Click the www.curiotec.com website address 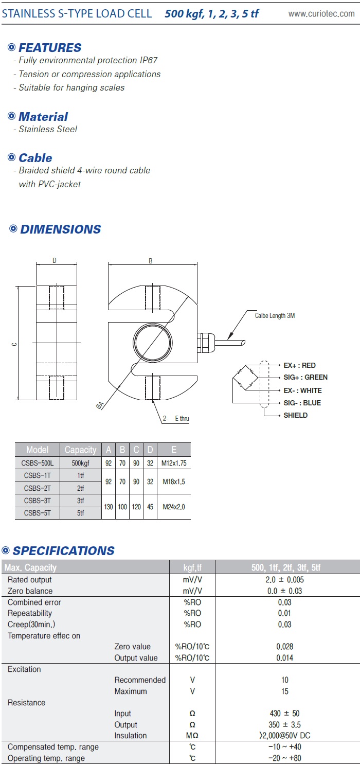coord(321,14)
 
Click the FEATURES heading coord(49,48)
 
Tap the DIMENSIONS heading coord(60,229)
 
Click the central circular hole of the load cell coord(152,343)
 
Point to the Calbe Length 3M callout coord(275,315)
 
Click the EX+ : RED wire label coord(299,365)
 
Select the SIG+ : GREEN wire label coord(305,377)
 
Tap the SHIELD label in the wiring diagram coord(295,415)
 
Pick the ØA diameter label coord(100,405)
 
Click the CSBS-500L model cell coord(38,463)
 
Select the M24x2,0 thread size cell coord(173,507)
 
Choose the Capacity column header coord(80,450)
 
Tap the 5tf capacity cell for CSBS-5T coord(80,513)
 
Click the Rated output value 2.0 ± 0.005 coord(285,580)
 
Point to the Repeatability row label coord(30,613)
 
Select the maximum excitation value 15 coord(285,691)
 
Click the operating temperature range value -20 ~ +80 coord(285,758)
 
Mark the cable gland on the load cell coord(204,340)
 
